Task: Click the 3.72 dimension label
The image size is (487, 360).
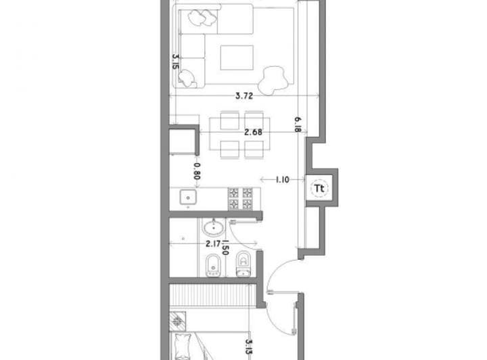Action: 244,95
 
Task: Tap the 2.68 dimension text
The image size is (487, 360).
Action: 253,133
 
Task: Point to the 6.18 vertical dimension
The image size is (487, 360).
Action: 297,125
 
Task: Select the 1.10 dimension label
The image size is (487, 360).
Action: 282,179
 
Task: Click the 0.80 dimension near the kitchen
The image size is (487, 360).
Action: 197,171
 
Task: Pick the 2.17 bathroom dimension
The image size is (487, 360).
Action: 213,244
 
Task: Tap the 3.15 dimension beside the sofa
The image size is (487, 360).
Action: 176,62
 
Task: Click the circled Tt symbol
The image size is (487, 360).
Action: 319,188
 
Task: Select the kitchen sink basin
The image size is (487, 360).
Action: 188,197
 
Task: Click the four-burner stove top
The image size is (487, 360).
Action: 240,199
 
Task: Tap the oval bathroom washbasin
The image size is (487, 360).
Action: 213,227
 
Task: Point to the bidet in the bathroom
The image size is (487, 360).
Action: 213,265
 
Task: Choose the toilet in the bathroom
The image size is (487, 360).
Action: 243,264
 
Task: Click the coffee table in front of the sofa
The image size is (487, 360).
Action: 237,58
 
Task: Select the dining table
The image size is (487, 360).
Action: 239,134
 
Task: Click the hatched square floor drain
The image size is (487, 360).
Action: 178,321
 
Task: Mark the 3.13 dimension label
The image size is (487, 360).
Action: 248,346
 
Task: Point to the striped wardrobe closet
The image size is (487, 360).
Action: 213,296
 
